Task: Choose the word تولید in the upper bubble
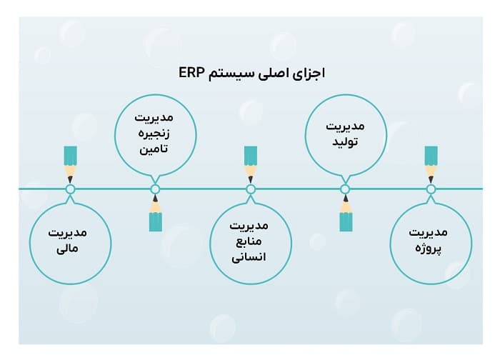345,141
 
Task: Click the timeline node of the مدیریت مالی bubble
70,189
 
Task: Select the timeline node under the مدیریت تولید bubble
345,189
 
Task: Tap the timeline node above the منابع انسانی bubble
250,189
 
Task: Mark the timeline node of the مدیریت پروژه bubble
431,189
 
